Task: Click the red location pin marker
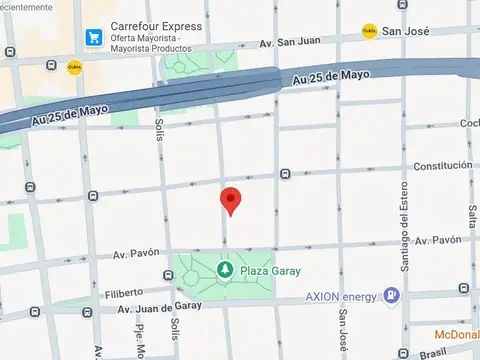click(x=231, y=200)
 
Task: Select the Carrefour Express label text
click(x=157, y=27)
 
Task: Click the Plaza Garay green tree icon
click(x=225, y=270)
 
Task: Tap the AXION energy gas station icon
click(x=390, y=296)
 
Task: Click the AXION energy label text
click(x=341, y=297)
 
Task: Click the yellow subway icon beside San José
click(x=370, y=31)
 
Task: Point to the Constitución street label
click(x=442, y=165)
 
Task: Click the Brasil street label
click(x=433, y=353)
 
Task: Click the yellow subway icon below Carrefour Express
click(x=74, y=67)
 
